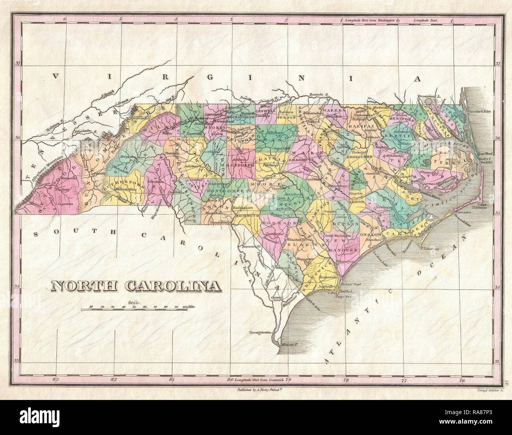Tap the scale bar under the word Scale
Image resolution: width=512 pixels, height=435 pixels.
134,310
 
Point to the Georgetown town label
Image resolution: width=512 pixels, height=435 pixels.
261,332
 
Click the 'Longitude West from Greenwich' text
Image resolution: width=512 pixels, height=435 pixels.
258,380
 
